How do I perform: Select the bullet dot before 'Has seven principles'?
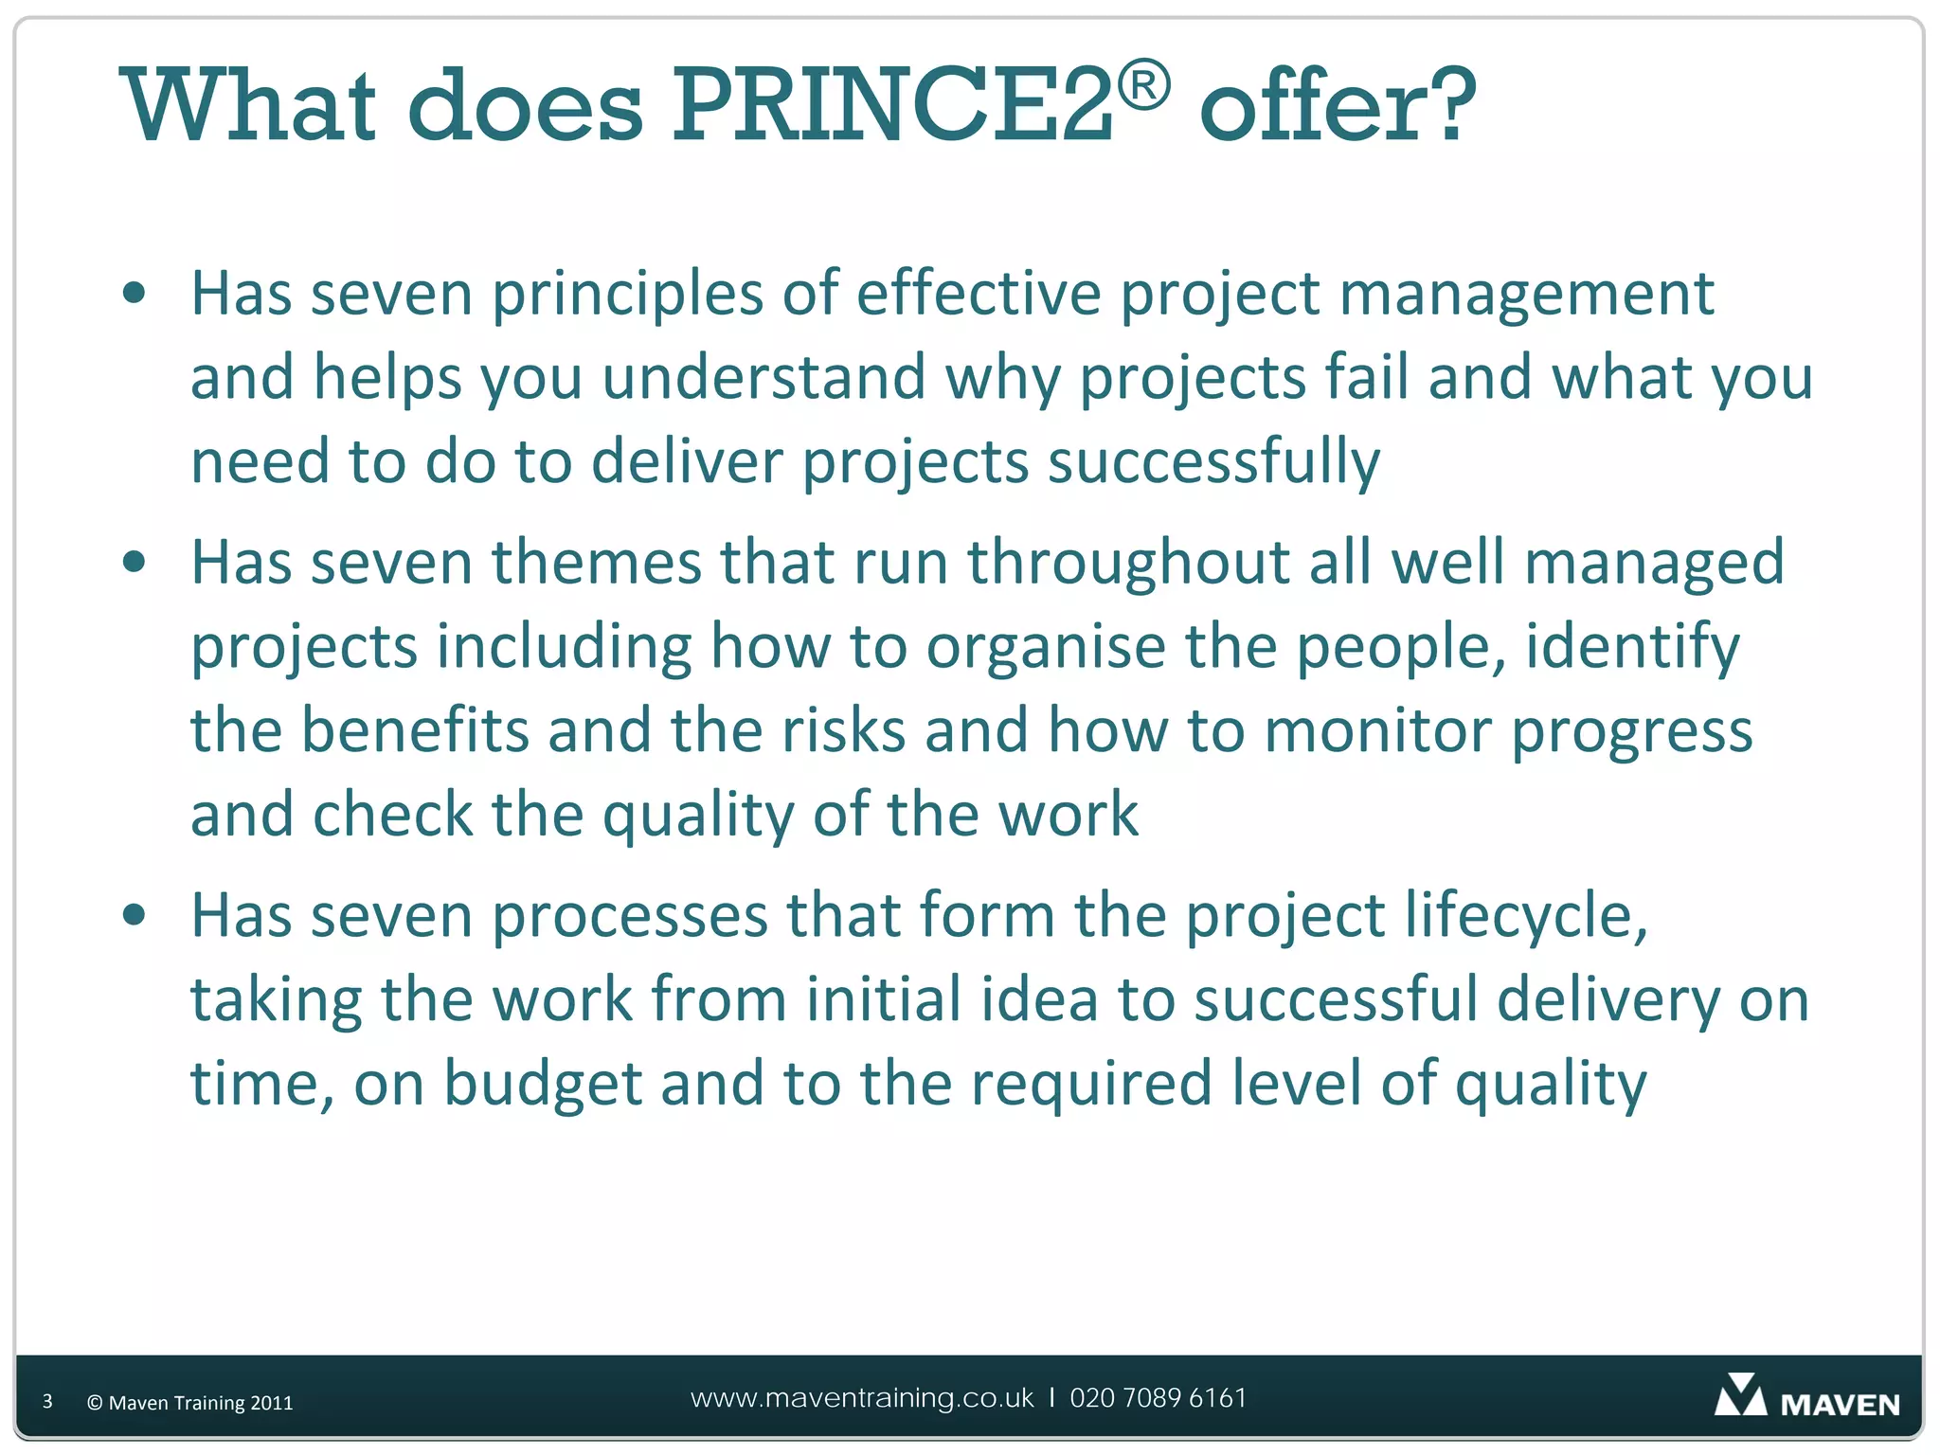pyautogui.click(x=135, y=293)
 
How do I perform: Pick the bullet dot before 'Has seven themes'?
pyautogui.click(x=135, y=562)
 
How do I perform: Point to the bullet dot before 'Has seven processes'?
pyautogui.click(x=135, y=915)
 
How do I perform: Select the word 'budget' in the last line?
pyautogui.click(x=543, y=1085)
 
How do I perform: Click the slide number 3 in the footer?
pyautogui.click(x=47, y=1401)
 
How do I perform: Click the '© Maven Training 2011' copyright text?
pyautogui.click(x=189, y=1403)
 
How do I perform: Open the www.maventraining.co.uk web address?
pyautogui.click(x=862, y=1398)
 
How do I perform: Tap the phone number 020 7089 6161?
pyautogui.click(x=1158, y=1398)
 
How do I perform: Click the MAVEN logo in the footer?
pyautogui.click(x=1806, y=1398)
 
